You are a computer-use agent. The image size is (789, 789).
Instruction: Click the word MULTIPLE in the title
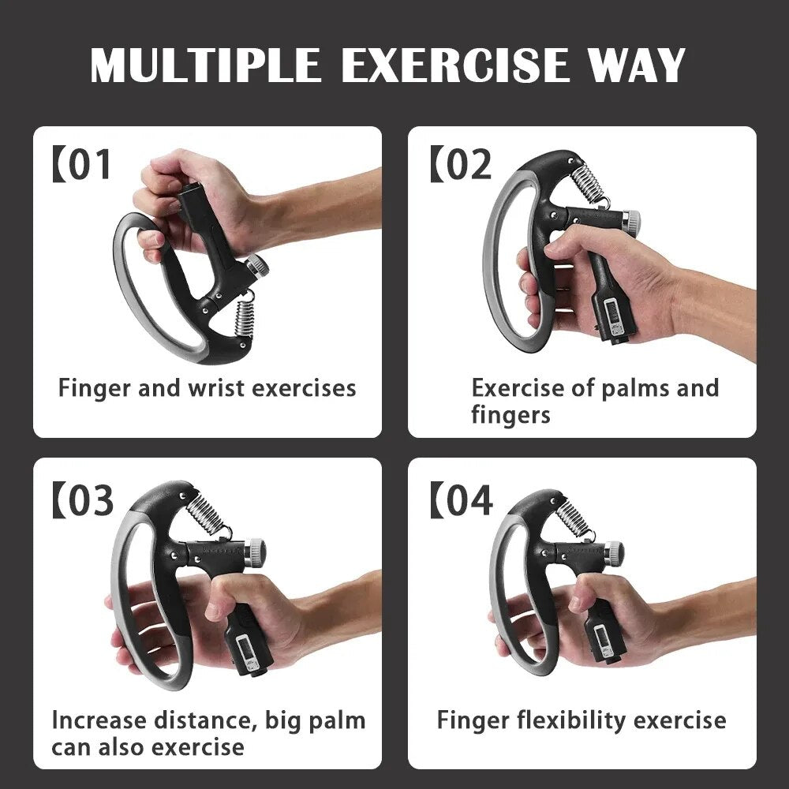(206, 66)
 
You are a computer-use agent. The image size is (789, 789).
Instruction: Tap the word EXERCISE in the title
(454, 66)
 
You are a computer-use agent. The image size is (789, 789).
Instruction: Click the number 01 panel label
(89, 165)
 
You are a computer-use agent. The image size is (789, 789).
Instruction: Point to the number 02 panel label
(467, 165)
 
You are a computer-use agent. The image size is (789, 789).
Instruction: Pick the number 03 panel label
(89, 501)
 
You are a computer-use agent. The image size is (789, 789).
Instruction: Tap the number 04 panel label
(467, 501)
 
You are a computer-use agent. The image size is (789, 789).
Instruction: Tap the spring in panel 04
(573, 518)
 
